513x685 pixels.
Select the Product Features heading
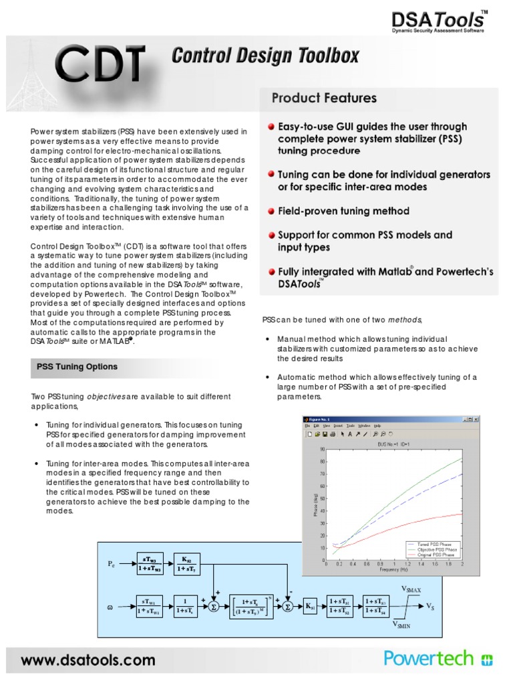point(324,98)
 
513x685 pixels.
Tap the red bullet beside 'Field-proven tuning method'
point(272,211)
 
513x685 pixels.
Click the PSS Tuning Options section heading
point(77,367)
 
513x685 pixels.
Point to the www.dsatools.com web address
point(87,660)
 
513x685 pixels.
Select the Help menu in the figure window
point(377,425)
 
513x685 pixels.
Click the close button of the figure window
point(477,419)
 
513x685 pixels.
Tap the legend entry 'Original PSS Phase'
point(438,555)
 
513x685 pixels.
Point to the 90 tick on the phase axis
point(323,450)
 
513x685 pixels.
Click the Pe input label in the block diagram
point(112,564)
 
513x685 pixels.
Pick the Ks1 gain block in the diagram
point(311,607)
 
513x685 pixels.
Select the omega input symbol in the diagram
point(110,607)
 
